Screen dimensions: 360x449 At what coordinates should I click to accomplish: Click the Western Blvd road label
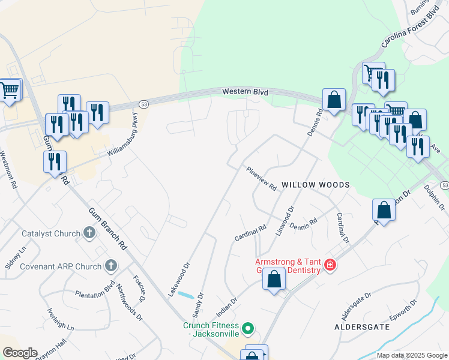[x=244, y=92]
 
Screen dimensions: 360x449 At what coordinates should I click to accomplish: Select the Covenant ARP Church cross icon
[x=110, y=265]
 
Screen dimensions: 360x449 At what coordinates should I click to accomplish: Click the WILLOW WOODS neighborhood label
[x=315, y=185]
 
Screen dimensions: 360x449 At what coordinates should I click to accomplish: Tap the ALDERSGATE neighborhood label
[x=362, y=327]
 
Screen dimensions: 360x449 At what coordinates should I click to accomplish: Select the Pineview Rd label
[x=262, y=179]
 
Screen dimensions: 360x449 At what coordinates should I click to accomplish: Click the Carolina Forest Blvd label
[x=411, y=28]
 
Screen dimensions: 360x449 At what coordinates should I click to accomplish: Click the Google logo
[x=20, y=353]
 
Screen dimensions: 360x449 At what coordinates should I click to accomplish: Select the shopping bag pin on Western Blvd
[x=334, y=100]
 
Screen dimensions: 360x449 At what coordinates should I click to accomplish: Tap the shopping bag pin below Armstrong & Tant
[x=274, y=280]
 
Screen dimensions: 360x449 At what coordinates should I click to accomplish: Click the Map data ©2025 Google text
[x=412, y=355]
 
